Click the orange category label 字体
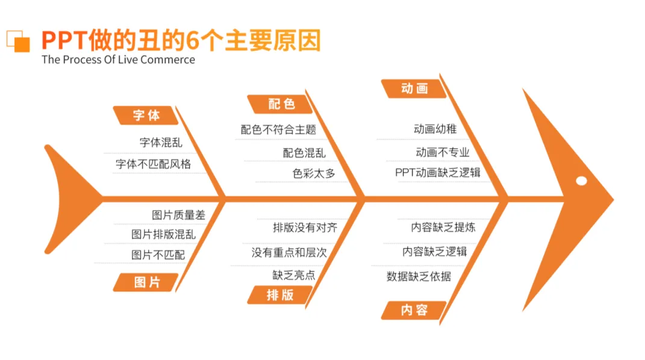coord(146,115)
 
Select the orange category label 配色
coord(281,104)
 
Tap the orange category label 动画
coord(414,88)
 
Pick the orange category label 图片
coord(147,282)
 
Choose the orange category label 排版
coord(280,294)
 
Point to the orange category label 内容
coord(414,310)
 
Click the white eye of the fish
coord(581,181)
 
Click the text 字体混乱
coord(161,143)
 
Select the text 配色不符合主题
coord(278,129)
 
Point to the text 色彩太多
coord(314,173)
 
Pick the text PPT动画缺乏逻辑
coord(438,173)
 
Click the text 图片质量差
coord(178,214)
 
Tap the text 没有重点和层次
coord(289,252)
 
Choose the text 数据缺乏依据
coord(419,276)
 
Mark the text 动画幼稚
coord(435,129)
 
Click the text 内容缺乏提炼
coord(443,227)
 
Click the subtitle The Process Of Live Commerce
coord(118,60)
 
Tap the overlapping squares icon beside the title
coord(18,40)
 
